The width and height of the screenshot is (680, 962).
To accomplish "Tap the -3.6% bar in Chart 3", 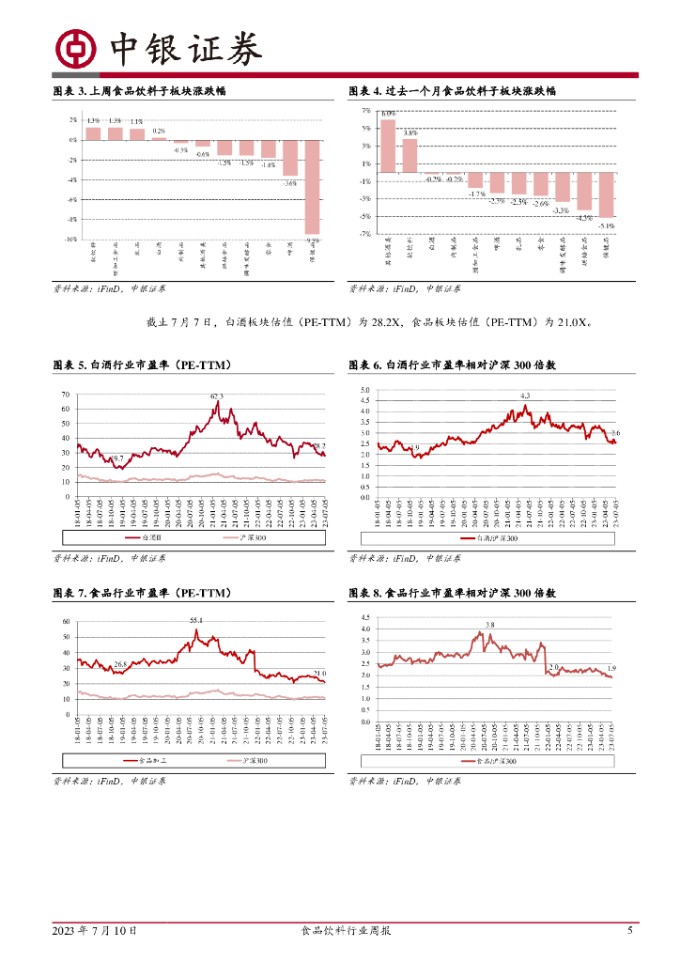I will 290,157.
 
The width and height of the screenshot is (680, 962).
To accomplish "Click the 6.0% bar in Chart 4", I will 388,146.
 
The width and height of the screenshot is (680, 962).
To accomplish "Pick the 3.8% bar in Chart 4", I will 410,155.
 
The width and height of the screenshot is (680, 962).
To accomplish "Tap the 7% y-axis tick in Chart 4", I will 366,110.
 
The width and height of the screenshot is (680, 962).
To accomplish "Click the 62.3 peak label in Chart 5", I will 217,397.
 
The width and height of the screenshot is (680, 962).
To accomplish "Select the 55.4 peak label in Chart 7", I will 196,621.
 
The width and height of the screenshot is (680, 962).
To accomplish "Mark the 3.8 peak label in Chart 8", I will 489,625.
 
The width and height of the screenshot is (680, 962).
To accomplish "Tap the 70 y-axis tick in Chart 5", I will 66,394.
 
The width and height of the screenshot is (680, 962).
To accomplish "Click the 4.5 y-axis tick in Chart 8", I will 366,617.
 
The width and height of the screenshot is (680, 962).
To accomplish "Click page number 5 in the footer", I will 629,930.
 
